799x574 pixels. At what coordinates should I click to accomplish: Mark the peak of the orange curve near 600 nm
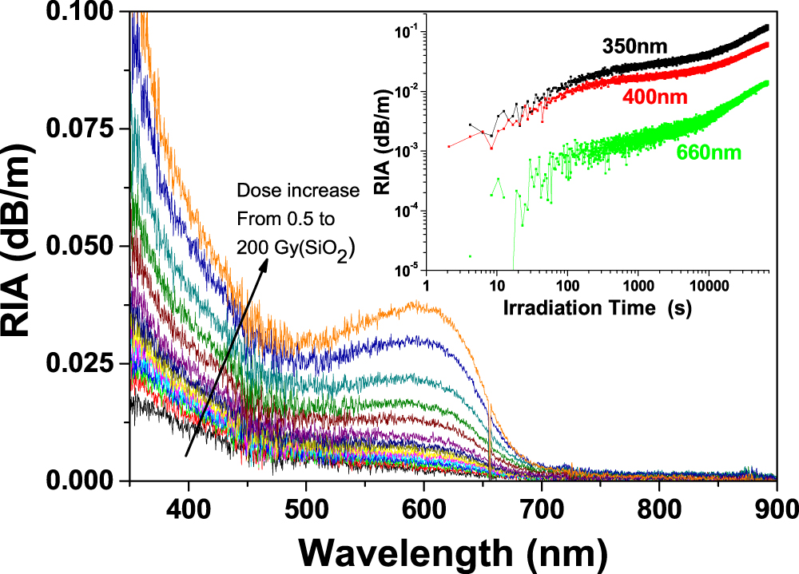415,303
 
